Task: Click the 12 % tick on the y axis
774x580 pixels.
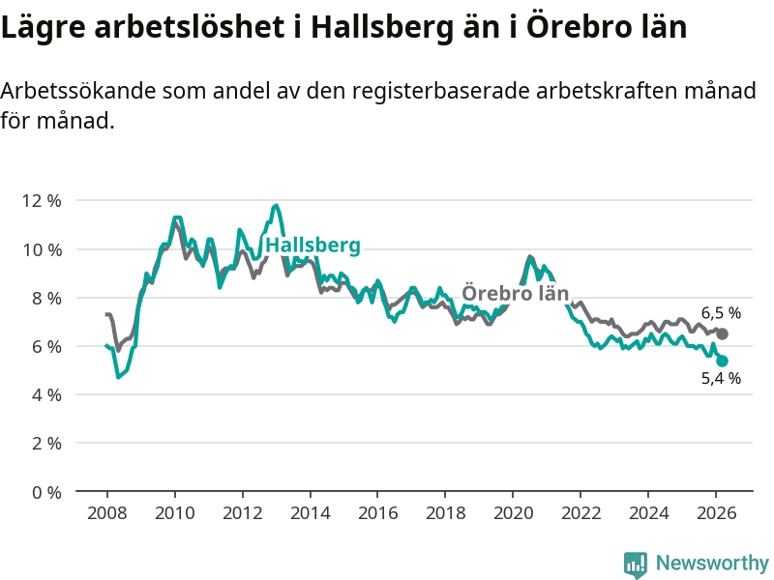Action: [x=43, y=201]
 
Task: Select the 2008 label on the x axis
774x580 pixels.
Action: [x=106, y=513]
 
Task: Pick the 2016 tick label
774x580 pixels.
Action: [x=377, y=513]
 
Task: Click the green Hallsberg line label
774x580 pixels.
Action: [x=313, y=246]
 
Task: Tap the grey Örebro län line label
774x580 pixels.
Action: [x=515, y=293]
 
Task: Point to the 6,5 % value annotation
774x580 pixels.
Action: [x=721, y=313]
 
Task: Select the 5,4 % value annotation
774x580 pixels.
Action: [x=721, y=379]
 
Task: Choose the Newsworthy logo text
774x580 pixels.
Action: [x=712, y=563]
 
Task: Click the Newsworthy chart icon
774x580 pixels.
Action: [x=636, y=564]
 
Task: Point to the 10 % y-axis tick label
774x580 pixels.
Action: [x=43, y=249]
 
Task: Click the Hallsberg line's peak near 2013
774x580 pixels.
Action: [x=276, y=206]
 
